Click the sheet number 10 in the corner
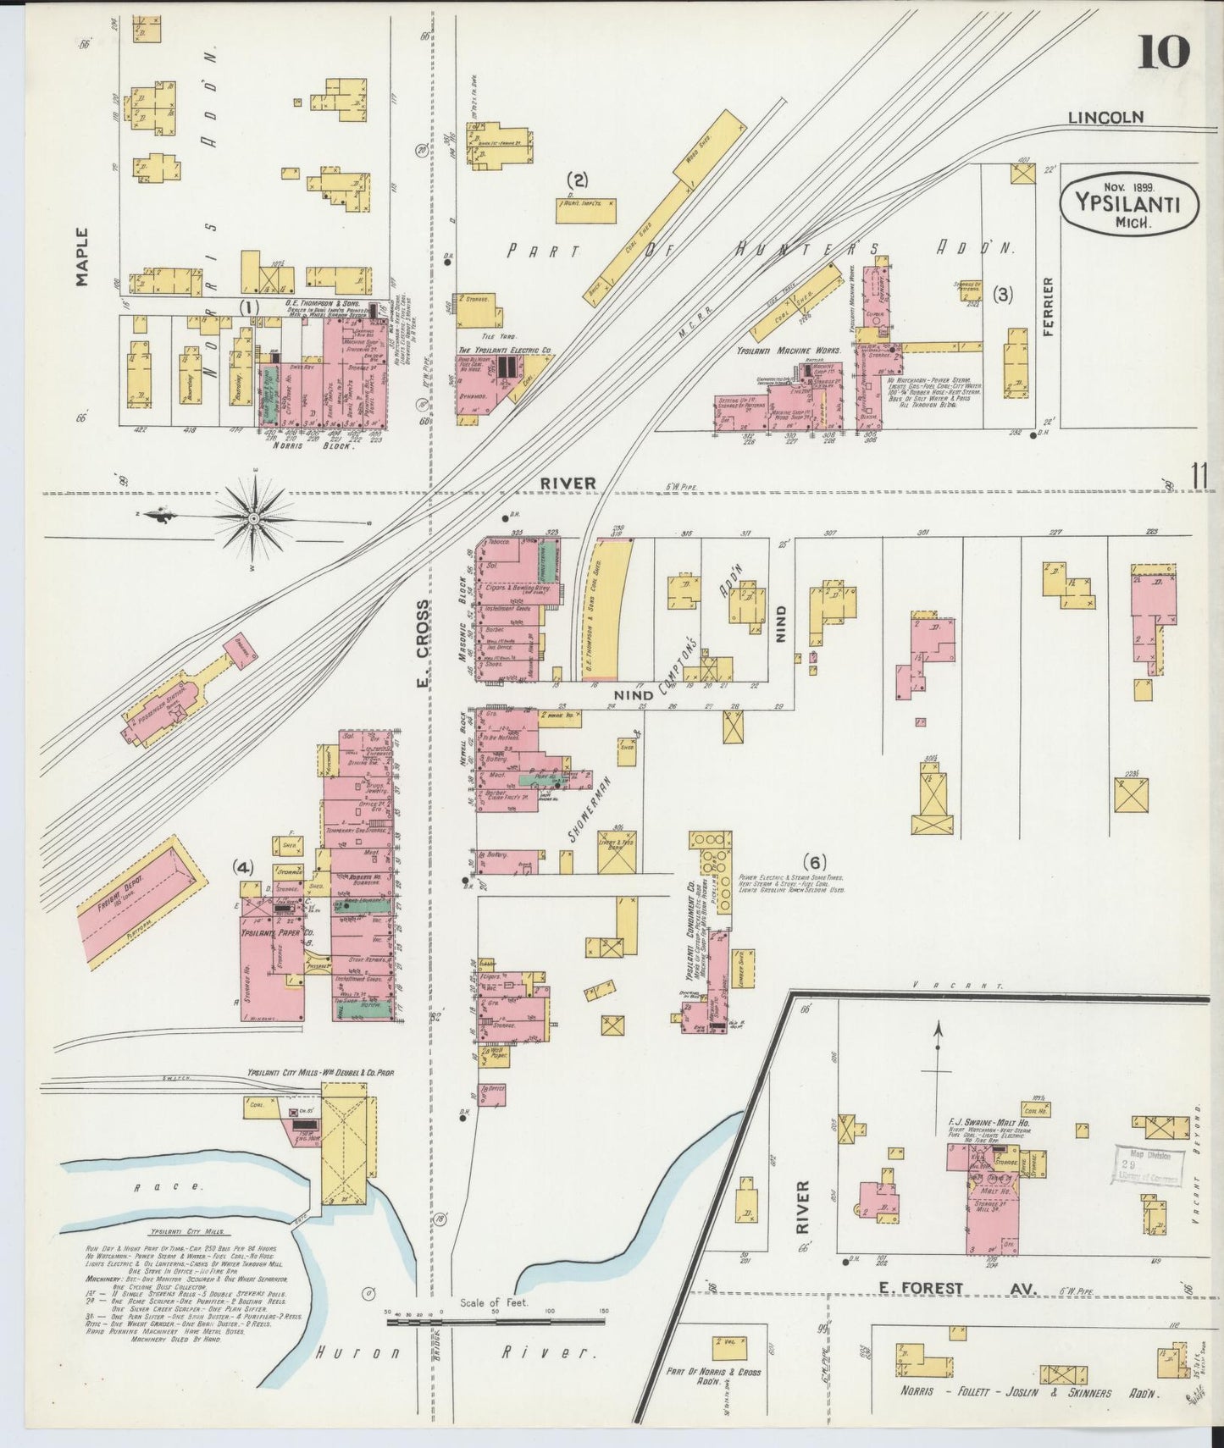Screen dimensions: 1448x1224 (x=1164, y=53)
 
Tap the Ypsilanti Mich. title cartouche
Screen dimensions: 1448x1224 (x=1129, y=206)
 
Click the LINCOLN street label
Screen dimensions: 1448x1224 (x=1105, y=118)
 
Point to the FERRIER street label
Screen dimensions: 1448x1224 (x=1049, y=307)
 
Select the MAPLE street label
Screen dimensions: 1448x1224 (x=82, y=257)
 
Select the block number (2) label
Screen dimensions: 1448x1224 (x=578, y=179)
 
